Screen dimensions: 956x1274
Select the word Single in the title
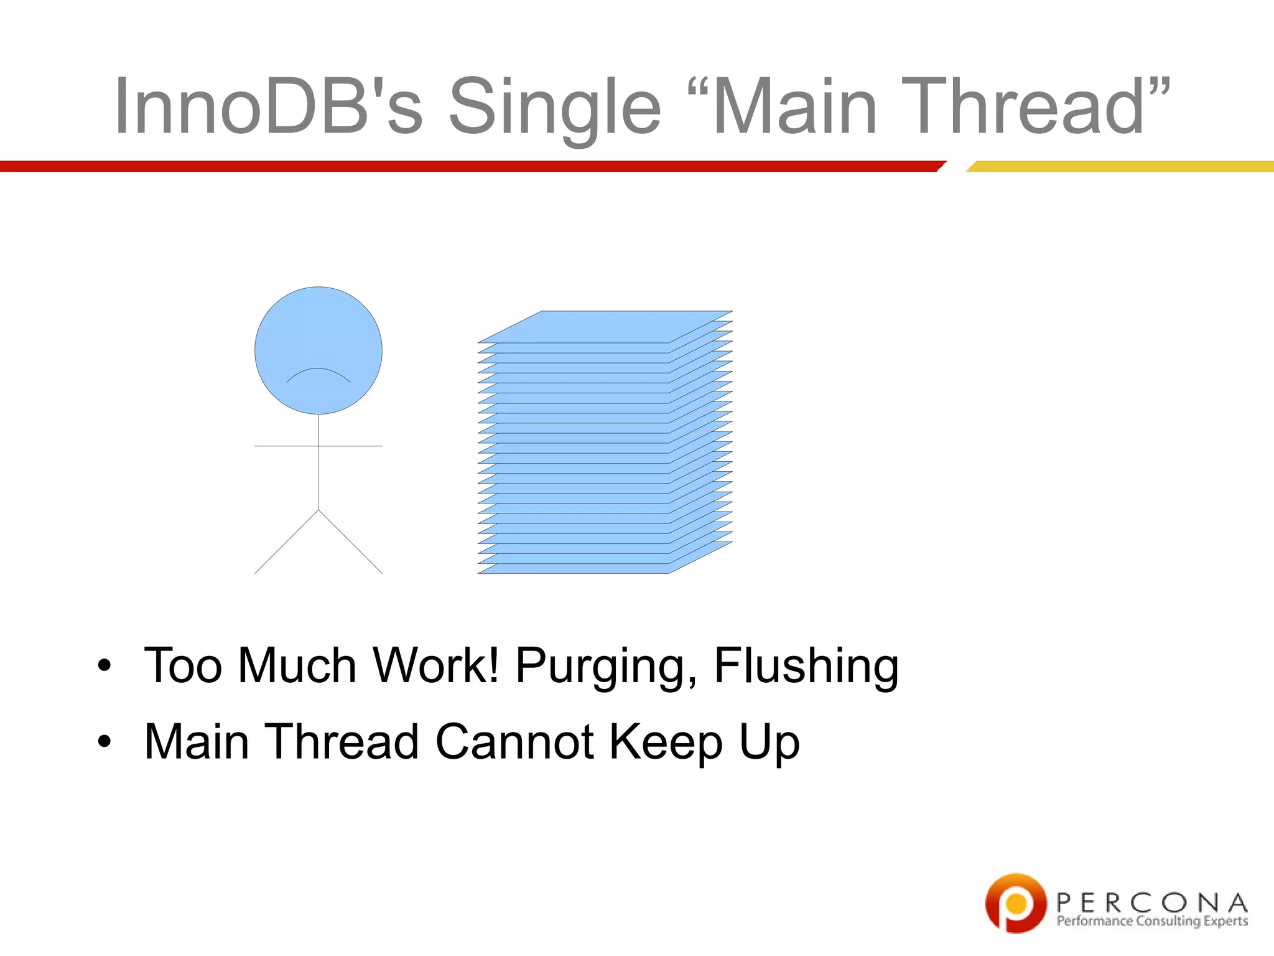coord(555,107)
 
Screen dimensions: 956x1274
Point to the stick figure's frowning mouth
coord(318,374)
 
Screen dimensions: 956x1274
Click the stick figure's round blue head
coord(318,336)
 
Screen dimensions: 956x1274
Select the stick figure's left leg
coord(286,542)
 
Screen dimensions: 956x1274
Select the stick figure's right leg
coord(350,542)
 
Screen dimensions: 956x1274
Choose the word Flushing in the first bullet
coord(806,666)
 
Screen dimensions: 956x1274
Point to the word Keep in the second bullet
coord(666,743)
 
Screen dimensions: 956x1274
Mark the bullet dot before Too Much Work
coord(105,665)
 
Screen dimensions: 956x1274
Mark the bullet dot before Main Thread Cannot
coord(105,741)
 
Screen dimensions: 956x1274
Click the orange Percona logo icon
coord(1016,902)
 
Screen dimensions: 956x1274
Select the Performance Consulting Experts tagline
coord(1152,921)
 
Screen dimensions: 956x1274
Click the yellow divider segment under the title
coord(1120,166)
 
